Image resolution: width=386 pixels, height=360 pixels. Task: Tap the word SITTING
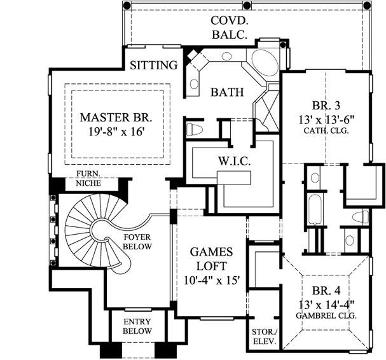point(153,65)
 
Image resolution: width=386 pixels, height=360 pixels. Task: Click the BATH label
point(227,92)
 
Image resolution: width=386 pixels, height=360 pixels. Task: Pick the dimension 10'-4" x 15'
point(210,280)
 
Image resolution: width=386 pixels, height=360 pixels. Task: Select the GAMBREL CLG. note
point(325,315)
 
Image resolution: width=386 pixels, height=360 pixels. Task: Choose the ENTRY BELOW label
point(137,326)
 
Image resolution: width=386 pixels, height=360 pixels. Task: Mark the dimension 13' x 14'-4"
point(325,303)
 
